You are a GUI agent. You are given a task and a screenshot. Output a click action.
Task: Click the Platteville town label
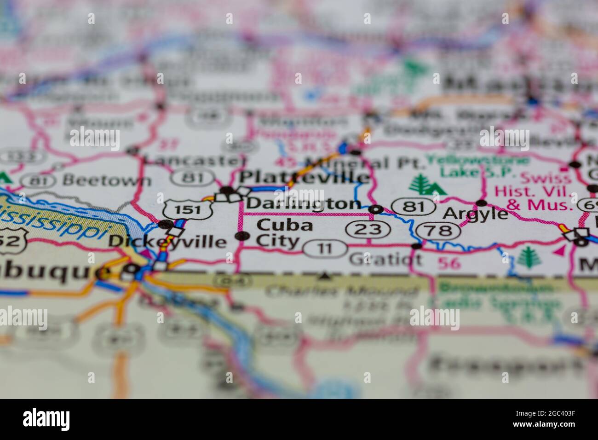304,177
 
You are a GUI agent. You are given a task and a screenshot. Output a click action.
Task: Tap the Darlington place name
304,203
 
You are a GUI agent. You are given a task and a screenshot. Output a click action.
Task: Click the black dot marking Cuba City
242,236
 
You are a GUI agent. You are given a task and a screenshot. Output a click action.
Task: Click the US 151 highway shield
189,209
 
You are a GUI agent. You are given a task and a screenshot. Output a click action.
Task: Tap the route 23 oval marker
368,229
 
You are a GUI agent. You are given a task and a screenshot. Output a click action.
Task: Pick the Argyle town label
475,214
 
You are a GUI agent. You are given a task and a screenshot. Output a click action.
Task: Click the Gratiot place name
385,260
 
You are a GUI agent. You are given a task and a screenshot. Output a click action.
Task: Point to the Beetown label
106,180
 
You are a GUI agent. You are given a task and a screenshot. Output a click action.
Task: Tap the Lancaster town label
193,160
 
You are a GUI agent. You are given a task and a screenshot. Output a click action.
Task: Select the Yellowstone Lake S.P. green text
478,167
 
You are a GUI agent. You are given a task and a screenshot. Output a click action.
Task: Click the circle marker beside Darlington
377,209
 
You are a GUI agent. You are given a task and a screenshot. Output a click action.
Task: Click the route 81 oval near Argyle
414,206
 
